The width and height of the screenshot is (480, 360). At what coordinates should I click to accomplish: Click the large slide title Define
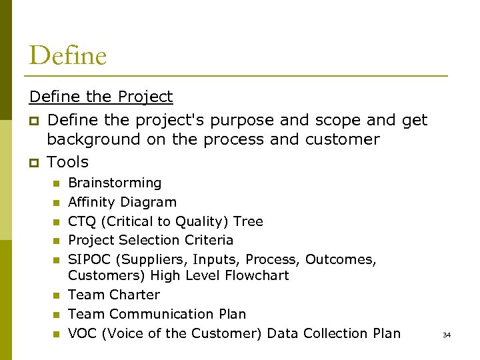point(67,55)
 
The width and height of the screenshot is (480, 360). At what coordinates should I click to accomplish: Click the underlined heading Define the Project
point(101,97)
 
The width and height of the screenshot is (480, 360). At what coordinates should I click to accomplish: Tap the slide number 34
point(447,335)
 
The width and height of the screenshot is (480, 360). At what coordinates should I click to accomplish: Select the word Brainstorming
point(115,183)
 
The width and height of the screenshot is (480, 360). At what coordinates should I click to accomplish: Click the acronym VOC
point(83,333)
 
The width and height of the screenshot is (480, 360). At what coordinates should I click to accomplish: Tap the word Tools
point(67,162)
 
